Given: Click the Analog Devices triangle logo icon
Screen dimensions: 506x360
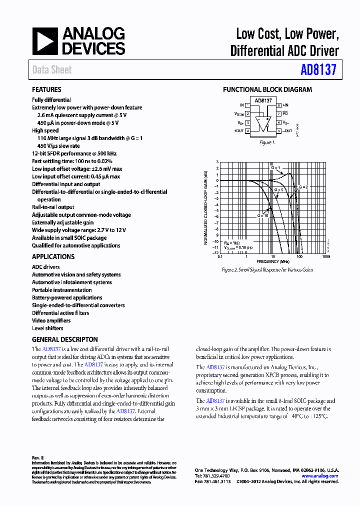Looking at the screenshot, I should (45, 41).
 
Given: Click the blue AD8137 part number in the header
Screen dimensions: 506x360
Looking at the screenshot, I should (318, 70).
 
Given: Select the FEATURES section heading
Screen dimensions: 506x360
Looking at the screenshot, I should (46, 89).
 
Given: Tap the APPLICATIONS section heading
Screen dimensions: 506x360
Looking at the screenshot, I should (53, 256).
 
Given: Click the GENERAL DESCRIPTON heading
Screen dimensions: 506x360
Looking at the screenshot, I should (65, 339).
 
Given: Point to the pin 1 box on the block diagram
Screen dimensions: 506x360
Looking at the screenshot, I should (248, 105).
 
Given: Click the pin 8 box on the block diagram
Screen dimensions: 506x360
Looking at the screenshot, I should (278, 105).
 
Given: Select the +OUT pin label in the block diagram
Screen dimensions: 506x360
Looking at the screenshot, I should (238, 131).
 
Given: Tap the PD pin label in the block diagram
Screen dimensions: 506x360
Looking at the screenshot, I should (285, 114).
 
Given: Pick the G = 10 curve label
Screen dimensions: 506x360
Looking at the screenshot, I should (263, 214).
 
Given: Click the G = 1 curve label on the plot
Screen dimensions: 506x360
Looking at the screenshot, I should (276, 167).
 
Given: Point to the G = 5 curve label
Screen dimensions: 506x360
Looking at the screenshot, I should (278, 190).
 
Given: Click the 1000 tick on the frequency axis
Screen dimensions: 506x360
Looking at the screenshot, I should (326, 256).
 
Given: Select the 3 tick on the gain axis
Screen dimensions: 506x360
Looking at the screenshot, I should (217, 162).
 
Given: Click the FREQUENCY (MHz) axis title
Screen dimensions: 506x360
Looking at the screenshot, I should (273, 261).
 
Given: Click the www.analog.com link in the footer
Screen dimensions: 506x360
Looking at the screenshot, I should (320, 476).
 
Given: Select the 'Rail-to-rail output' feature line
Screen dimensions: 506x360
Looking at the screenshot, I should (53, 207).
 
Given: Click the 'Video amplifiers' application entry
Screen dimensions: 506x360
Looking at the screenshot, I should (51, 320).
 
